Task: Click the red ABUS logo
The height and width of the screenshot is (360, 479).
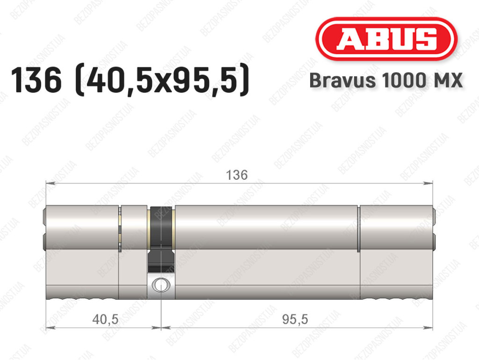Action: pos(386,39)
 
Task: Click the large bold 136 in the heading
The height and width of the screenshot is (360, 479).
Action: pos(36,81)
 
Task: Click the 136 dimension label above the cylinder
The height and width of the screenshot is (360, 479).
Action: pos(237,175)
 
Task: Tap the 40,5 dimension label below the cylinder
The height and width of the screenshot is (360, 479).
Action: pos(105,319)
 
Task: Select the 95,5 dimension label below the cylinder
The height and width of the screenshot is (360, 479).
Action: pos(295,319)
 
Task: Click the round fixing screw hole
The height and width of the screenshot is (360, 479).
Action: pos(160,285)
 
